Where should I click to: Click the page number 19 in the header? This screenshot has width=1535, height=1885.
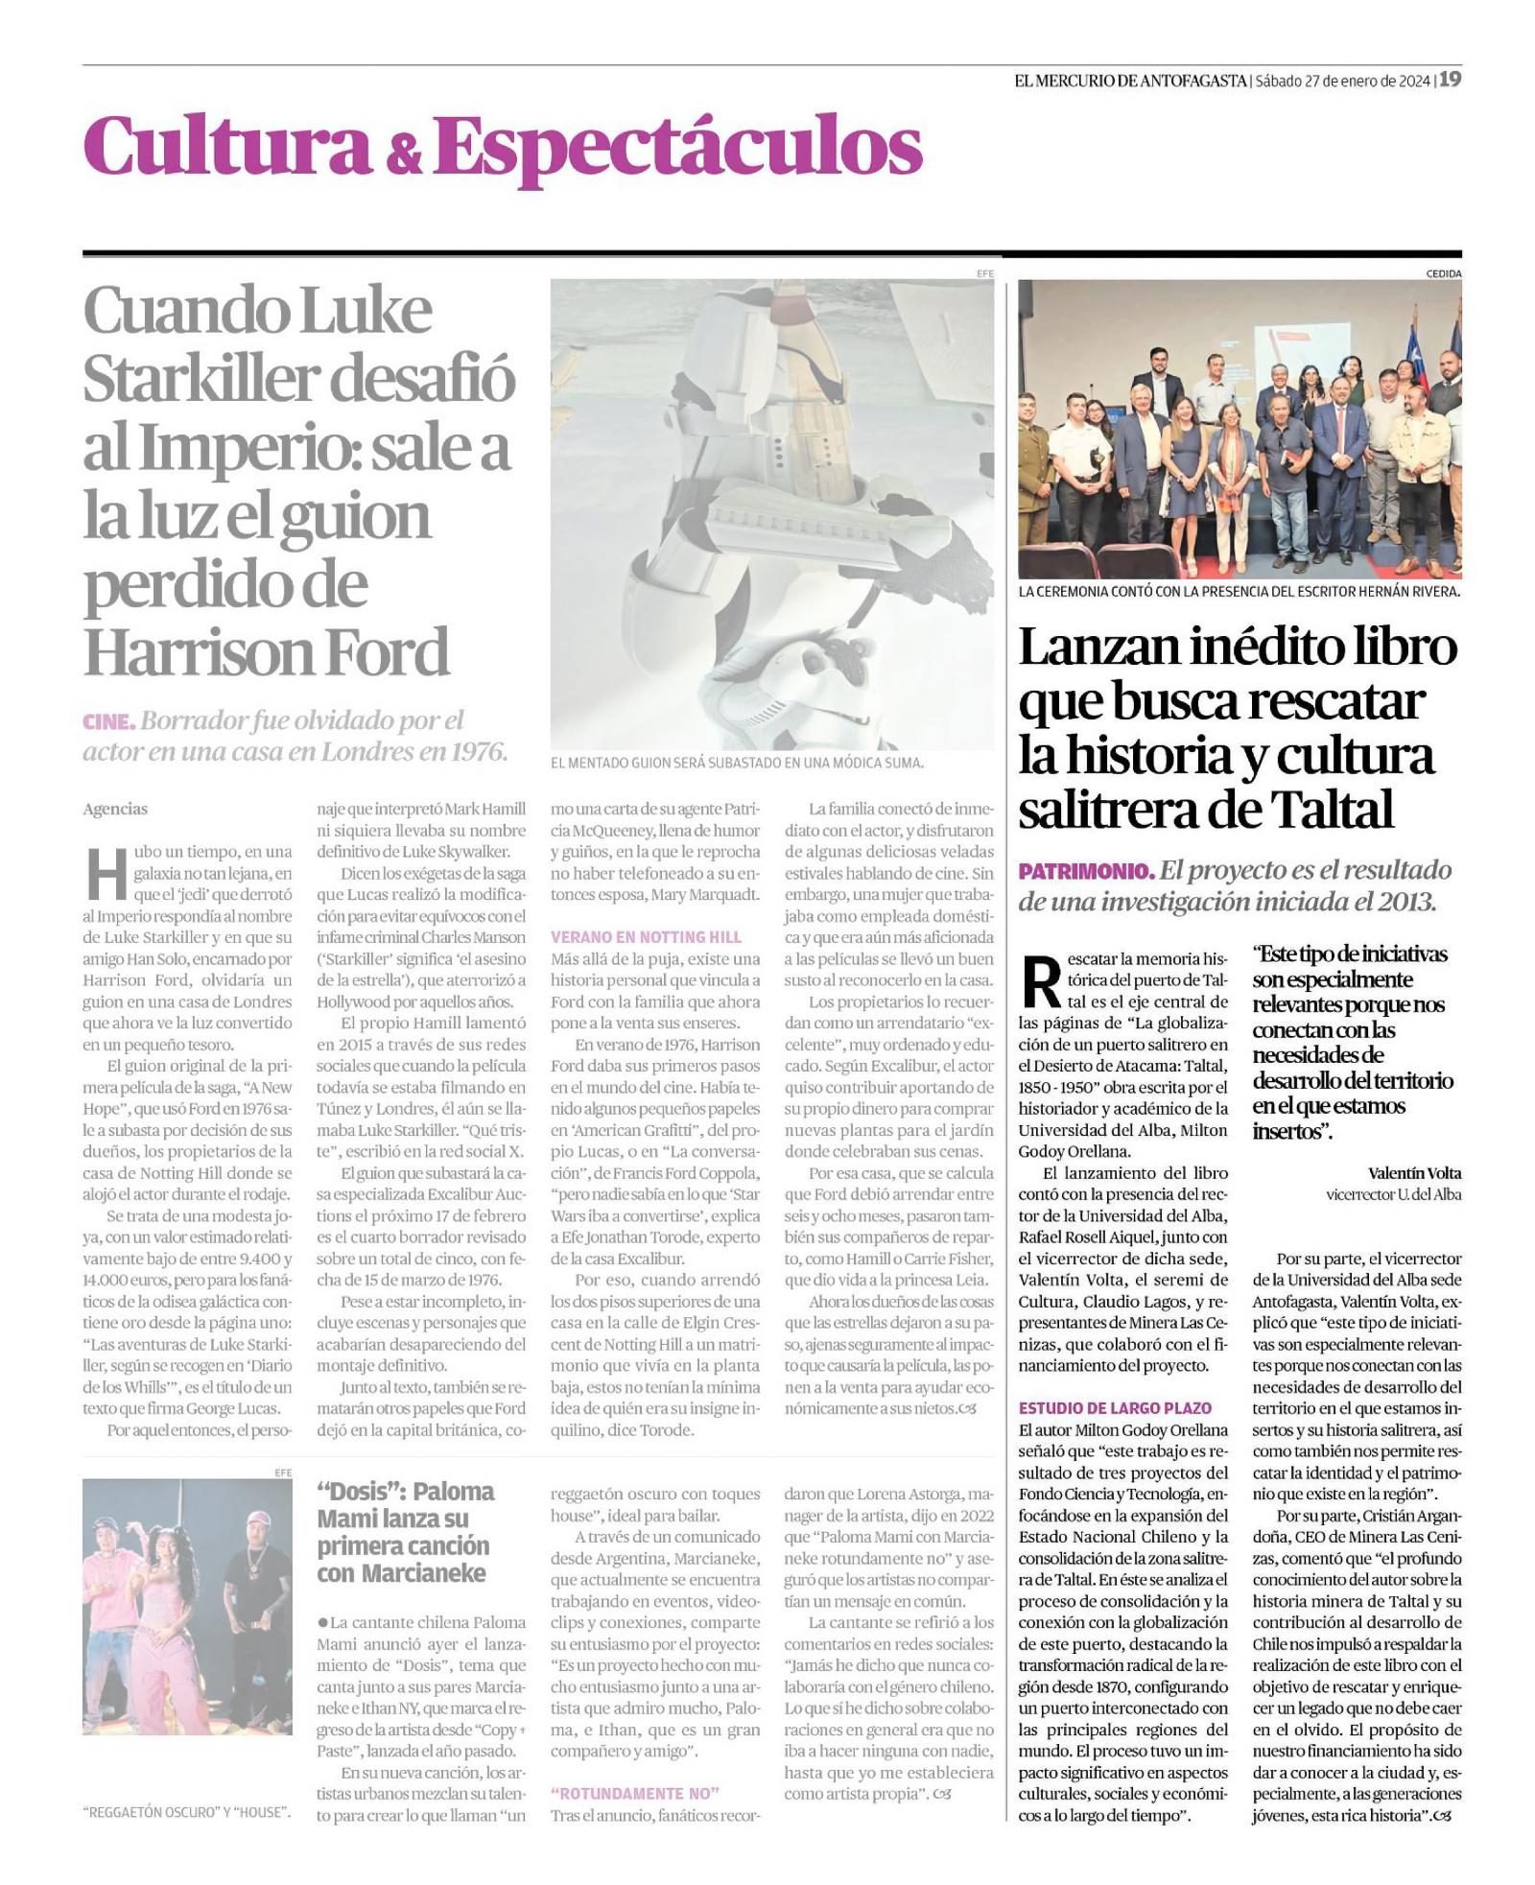(1450, 80)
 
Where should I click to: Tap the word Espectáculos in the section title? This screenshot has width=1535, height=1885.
(676, 149)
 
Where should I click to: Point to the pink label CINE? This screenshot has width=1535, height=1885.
(108, 720)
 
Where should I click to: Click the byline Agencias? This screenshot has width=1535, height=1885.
(115, 809)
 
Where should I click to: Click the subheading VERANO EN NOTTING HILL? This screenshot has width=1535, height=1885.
(646, 936)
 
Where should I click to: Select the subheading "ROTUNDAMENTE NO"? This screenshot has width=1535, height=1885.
(635, 1793)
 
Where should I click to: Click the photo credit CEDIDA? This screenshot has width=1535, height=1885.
(1444, 273)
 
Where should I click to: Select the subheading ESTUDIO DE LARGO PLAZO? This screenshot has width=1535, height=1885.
(1115, 1407)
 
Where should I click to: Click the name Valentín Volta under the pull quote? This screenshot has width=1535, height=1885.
(1414, 1173)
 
